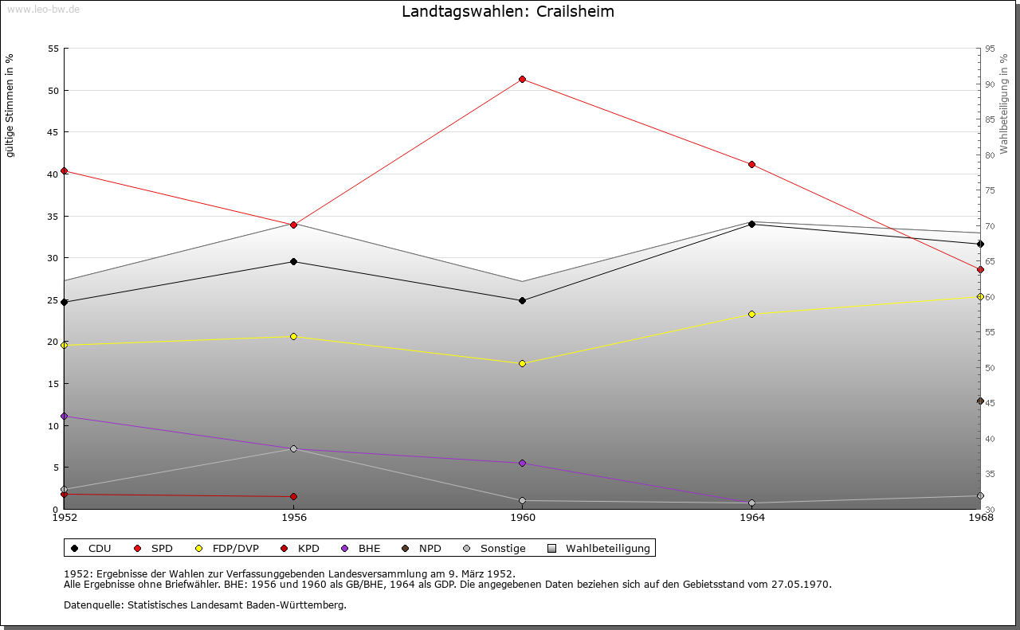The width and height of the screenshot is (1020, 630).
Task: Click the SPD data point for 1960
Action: (522, 79)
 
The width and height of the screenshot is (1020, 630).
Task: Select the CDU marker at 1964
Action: (751, 224)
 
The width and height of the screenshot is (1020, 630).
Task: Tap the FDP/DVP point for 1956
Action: (293, 336)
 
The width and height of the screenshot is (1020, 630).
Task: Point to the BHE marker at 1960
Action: (522, 463)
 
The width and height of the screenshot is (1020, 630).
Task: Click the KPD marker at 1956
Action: (293, 496)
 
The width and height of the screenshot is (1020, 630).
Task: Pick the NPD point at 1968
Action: (980, 401)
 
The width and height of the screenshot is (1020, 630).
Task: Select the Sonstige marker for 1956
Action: (293, 448)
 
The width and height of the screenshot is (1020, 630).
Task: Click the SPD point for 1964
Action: (751, 164)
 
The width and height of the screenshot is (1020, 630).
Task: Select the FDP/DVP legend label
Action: (234, 548)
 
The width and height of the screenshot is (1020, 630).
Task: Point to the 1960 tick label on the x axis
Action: (522, 518)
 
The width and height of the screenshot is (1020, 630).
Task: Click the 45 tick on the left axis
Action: (53, 132)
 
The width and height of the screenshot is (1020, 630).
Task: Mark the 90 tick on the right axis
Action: (989, 84)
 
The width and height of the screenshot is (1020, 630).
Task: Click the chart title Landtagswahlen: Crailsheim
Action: (508, 12)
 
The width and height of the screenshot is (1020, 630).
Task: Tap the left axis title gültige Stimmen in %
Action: (10, 105)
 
